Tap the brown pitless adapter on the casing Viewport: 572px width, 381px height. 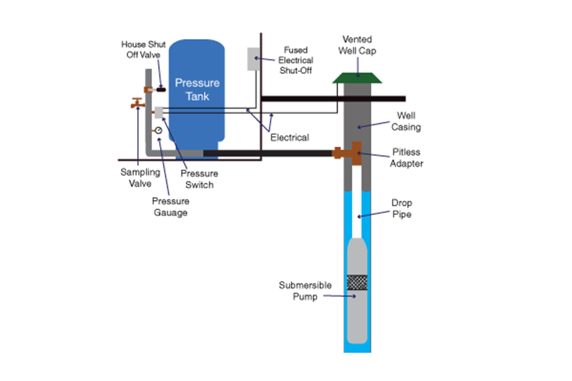point(356,153)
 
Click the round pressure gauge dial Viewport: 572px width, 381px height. point(158,130)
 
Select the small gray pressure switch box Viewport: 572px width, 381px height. point(159,112)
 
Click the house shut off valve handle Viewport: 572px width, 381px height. point(161,89)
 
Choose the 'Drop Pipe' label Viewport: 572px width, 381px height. point(401,209)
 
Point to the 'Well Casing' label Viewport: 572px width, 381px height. point(406,122)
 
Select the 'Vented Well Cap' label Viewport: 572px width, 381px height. point(357,45)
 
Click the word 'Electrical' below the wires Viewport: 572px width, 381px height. point(289,138)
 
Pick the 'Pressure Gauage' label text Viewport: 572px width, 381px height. point(170,207)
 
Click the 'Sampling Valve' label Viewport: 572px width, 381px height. point(136,178)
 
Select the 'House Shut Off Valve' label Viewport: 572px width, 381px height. point(144,49)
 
